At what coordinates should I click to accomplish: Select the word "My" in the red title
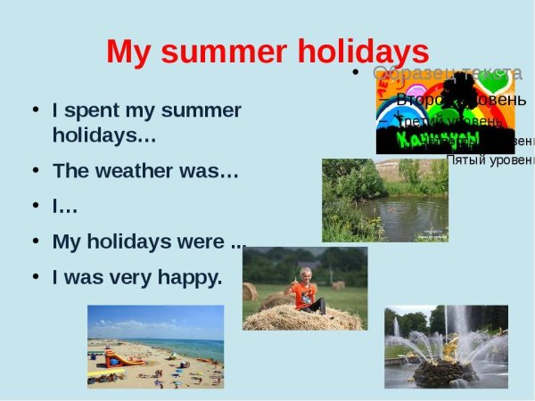pos(128,52)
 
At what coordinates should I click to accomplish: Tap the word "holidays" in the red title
pos(356,52)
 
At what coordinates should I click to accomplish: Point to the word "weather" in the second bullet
pos(135,171)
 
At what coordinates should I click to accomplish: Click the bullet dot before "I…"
pos(35,206)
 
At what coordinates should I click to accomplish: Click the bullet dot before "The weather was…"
pos(35,170)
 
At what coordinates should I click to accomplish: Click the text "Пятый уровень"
pos(489,160)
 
